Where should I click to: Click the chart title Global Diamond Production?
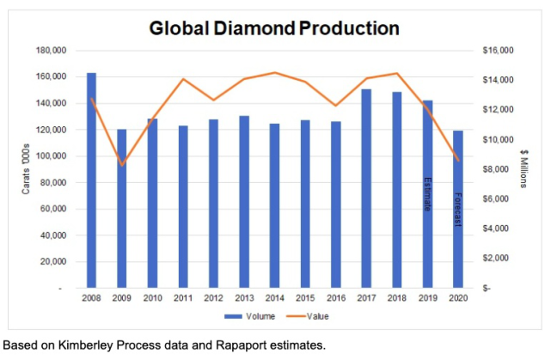click(x=274, y=28)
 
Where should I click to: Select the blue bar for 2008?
click(x=91, y=180)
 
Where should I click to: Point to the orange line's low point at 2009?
click(x=122, y=164)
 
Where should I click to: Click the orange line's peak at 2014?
click(x=275, y=73)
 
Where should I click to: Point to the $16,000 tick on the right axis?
click(x=498, y=51)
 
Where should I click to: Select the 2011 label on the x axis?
click(x=183, y=298)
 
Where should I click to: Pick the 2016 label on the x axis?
click(x=336, y=298)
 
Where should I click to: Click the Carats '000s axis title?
click(x=26, y=169)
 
